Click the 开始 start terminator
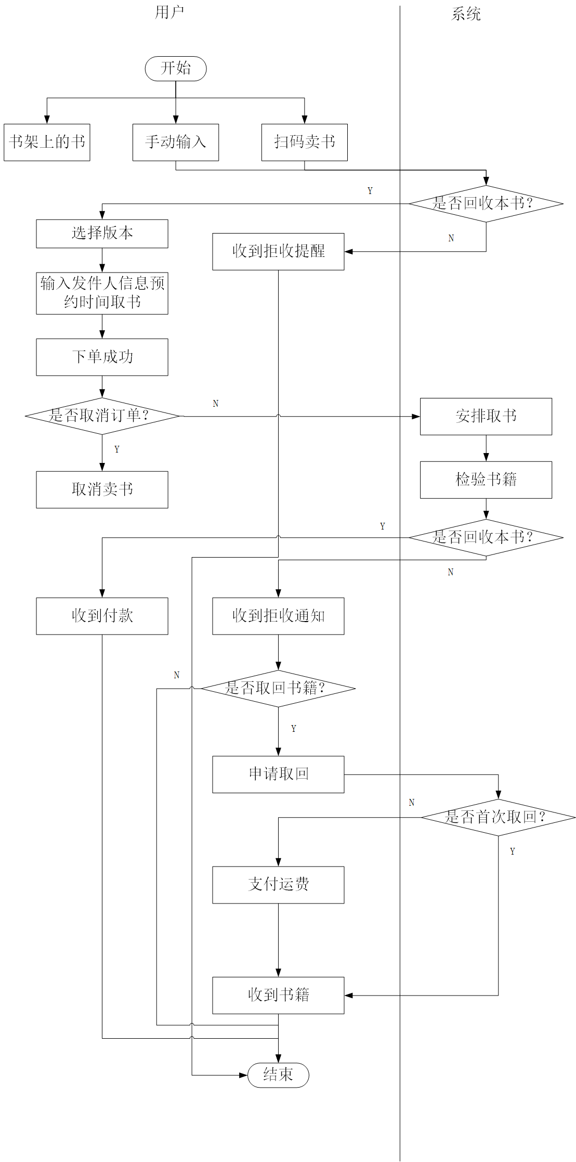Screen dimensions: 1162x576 (x=176, y=69)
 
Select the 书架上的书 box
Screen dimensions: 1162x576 (x=47, y=142)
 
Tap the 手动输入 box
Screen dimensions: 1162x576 (x=176, y=142)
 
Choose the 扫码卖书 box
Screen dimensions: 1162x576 (x=304, y=142)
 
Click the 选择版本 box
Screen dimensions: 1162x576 (x=102, y=234)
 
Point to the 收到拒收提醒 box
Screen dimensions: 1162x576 (x=278, y=251)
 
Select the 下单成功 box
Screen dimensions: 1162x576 (x=102, y=357)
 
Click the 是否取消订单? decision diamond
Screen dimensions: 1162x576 (x=102, y=416)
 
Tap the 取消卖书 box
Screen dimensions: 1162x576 (x=102, y=489)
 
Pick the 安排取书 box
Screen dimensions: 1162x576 (x=486, y=416)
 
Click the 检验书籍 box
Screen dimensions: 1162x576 (x=486, y=480)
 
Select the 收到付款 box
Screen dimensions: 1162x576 (x=102, y=616)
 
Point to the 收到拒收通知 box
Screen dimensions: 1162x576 (x=278, y=616)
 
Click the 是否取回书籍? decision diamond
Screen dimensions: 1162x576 (x=278, y=688)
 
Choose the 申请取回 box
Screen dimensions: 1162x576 (x=278, y=774)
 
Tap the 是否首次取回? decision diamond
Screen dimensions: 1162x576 (x=498, y=817)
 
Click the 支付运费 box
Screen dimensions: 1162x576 (x=278, y=884)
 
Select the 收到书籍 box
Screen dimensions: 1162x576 (x=278, y=995)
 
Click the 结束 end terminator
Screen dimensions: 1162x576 (x=278, y=1075)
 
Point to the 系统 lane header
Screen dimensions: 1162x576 (x=466, y=14)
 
